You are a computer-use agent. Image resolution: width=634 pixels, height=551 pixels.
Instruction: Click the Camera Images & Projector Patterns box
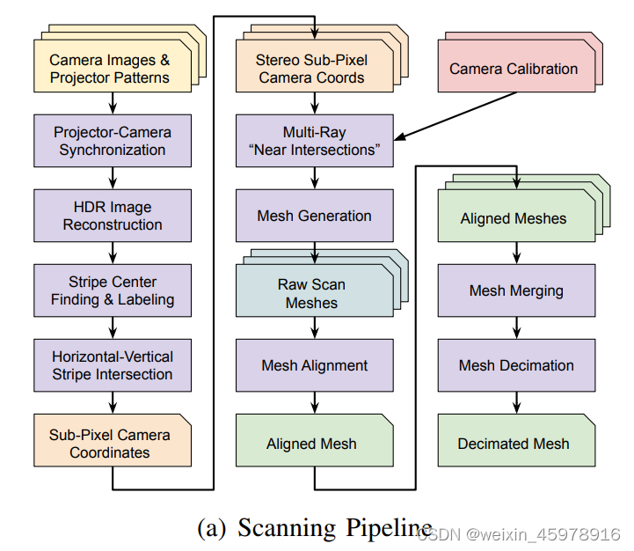tap(110, 69)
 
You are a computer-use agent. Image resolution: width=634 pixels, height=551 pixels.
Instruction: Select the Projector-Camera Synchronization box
tap(113, 141)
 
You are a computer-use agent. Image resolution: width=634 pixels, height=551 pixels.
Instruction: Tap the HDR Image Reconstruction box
tap(113, 216)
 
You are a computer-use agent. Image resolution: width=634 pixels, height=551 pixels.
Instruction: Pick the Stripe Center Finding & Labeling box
tap(113, 290)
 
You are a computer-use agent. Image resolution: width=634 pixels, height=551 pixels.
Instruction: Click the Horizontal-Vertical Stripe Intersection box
tap(113, 365)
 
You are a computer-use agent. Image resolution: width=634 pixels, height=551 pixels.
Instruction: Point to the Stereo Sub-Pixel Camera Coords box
tap(312, 69)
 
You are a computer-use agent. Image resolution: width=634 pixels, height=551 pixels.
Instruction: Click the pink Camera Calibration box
tap(514, 69)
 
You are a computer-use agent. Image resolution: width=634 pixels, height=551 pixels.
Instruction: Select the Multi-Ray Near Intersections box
tap(315, 141)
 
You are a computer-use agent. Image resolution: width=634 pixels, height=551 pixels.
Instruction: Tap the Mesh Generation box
tap(315, 216)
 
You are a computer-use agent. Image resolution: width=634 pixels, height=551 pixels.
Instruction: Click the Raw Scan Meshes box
tap(312, 293)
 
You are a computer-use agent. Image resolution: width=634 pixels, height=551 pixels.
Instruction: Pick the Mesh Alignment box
tap(315, 365)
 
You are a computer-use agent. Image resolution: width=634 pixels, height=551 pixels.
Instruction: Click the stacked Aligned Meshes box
tap(514, 218)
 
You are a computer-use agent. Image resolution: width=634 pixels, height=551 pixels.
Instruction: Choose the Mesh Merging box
tap(517, 290)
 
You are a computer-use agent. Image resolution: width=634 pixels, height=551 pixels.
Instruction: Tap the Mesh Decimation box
tap(517, 365)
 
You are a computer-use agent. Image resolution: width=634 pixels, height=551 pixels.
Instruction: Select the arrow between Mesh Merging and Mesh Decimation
tap(517, 327)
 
